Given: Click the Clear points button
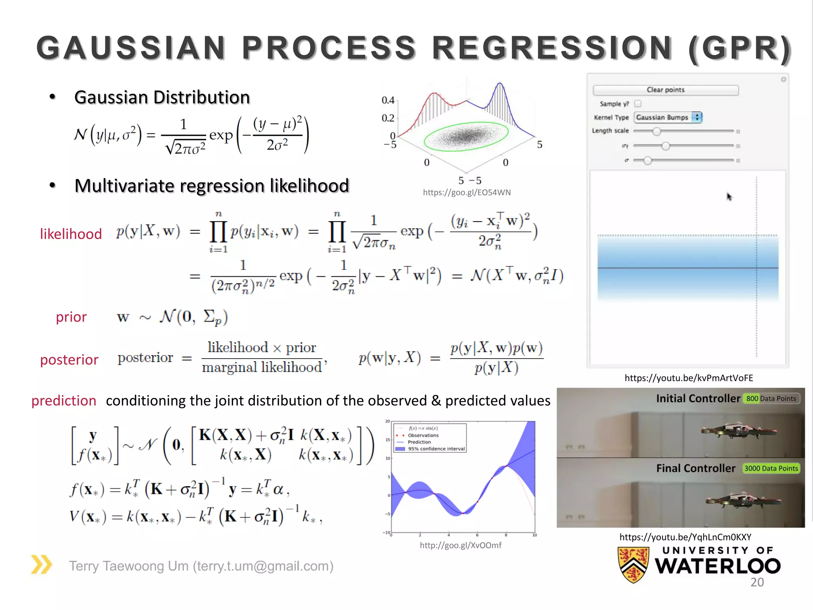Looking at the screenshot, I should pos(665,90).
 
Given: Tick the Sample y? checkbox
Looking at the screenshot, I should pos(638,104).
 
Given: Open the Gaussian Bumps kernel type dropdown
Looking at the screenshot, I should pos(668,117).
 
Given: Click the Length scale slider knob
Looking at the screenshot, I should pos(657,131).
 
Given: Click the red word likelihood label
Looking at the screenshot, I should pos(71,234).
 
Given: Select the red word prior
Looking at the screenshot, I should pos(71,317).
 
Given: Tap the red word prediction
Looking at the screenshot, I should pos(64,401).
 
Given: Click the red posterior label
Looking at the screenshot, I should pos(69,359).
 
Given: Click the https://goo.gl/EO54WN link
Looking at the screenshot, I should pos(466,193).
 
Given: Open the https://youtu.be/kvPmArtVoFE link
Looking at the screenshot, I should pos(688,378).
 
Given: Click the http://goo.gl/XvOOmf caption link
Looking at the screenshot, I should pos(460,545).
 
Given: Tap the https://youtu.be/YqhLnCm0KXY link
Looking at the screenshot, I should pos(685,537).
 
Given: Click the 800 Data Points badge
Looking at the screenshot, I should pos(771,398).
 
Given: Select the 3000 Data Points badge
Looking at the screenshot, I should pos(771,469).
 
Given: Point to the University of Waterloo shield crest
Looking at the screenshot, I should pos(633,564).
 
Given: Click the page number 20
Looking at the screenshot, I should pos(757,582).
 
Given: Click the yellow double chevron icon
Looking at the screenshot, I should pos(41,564).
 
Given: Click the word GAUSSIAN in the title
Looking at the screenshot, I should pos(131,48).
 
